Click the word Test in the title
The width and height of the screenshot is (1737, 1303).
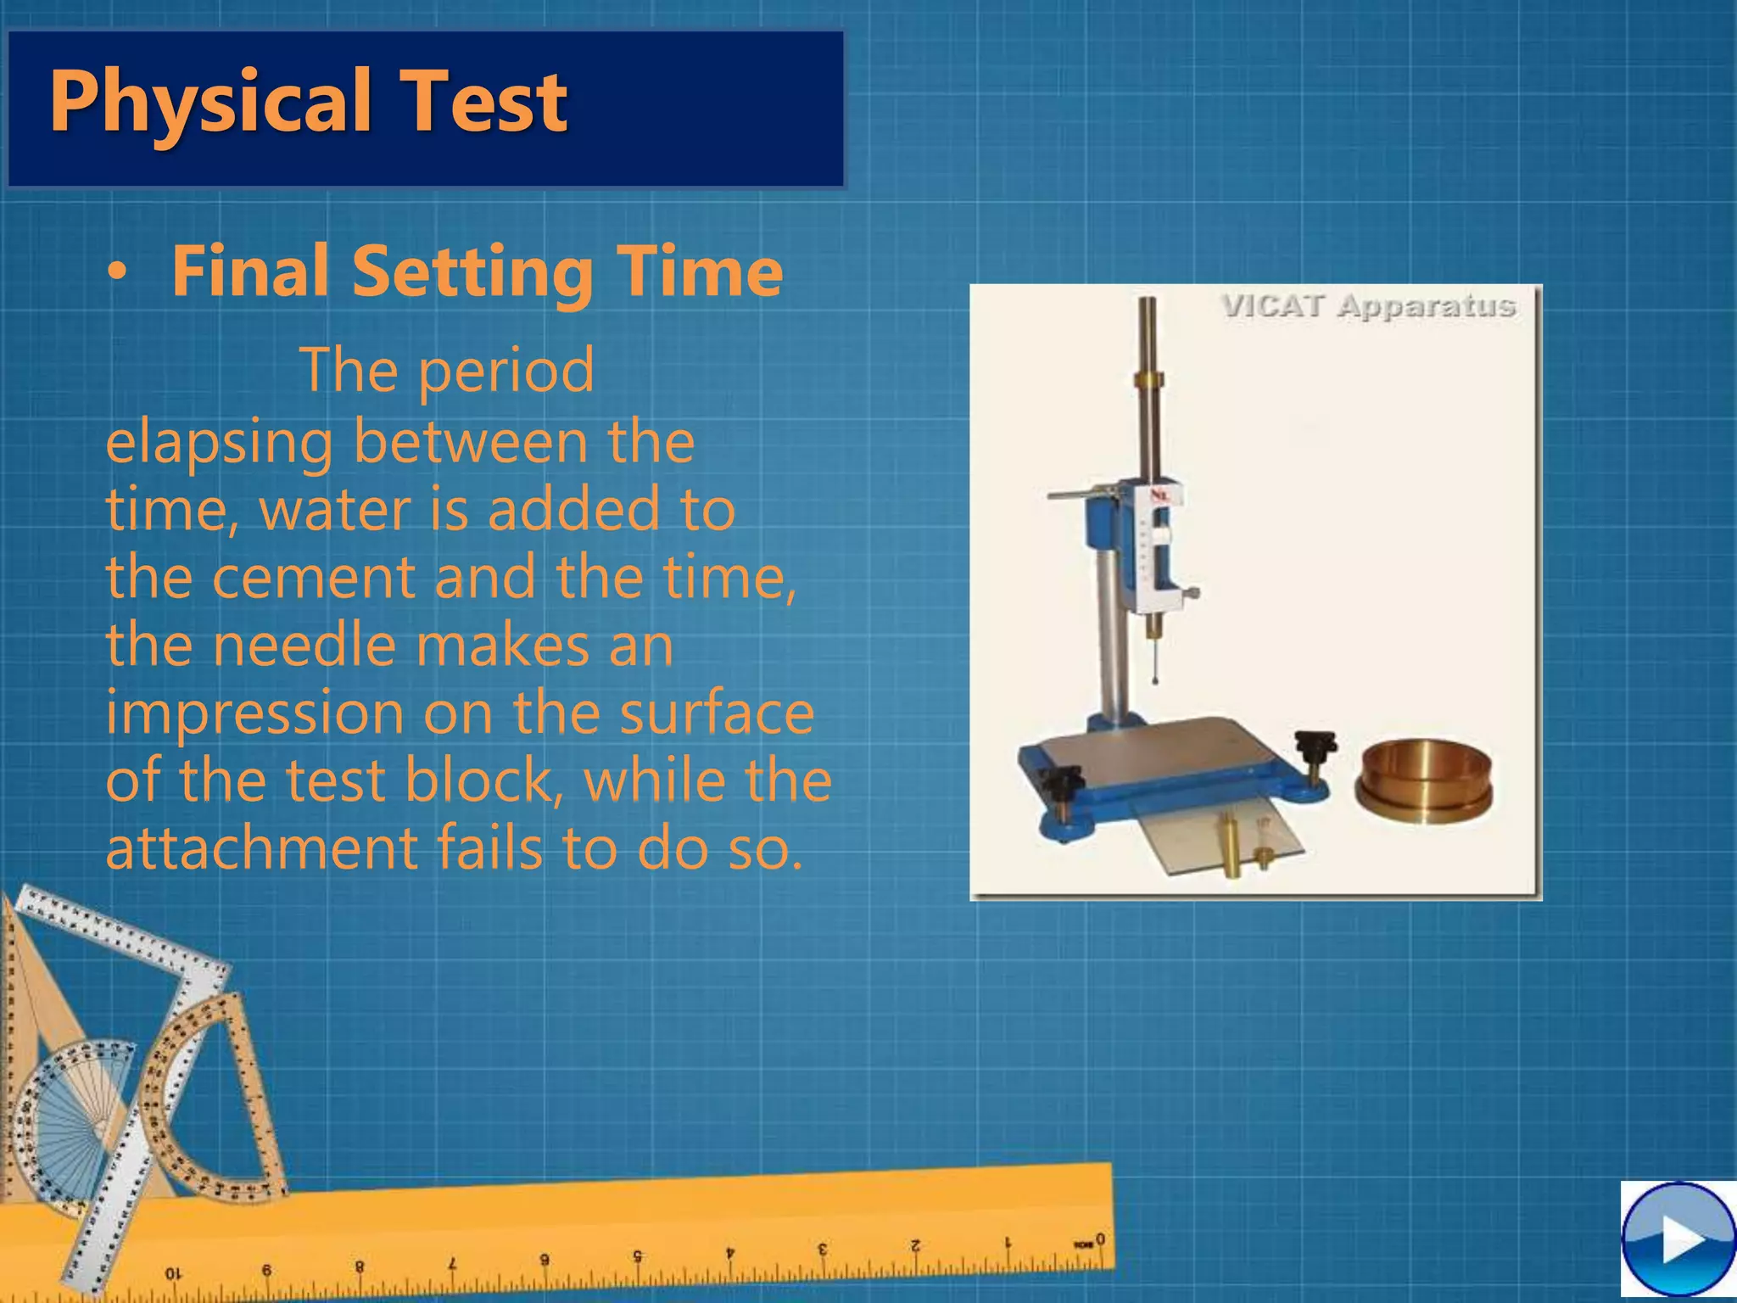pos(483,102)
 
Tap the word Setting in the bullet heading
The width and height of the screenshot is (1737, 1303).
pos(472,271)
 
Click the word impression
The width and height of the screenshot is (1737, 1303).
pos(254,713)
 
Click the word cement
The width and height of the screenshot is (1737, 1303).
pos(313,577)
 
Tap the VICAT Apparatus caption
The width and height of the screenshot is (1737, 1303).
pos(1368,306)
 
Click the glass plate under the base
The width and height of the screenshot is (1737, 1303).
pos(1221,840)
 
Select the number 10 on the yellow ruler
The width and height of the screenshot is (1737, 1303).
pos(172,1273)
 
